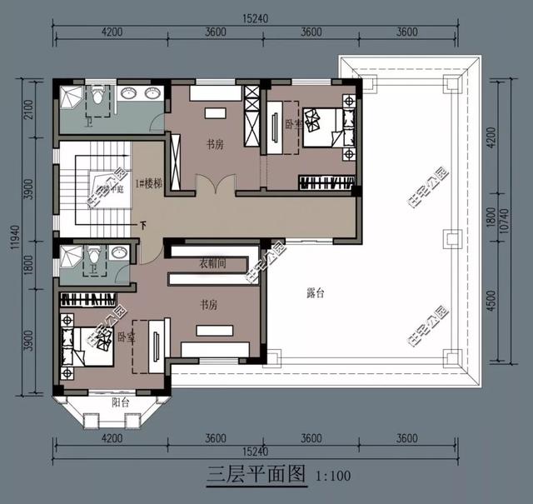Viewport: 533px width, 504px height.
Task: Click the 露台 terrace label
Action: (316, 292)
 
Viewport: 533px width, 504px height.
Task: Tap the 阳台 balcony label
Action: (121, 401)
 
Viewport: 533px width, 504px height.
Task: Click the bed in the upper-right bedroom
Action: (324, 126)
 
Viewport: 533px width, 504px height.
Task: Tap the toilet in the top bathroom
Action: (97, 98)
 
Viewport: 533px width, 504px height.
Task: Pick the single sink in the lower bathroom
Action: (121, 253)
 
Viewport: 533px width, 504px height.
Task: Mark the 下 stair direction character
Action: (143, 225)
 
